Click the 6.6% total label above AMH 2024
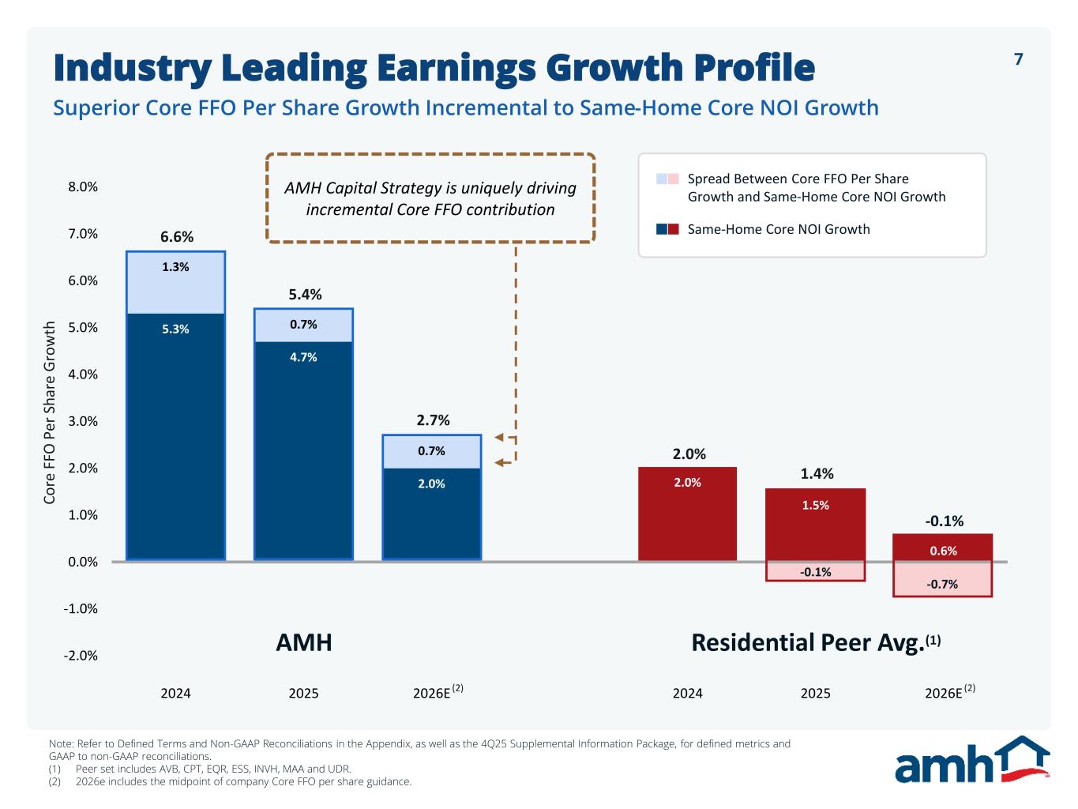[x=177, y=237]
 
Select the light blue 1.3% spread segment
[x=175, y=283]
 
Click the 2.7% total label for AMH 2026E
[x=433, y=420]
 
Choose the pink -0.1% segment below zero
[x=815, y=571]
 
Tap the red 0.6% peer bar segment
[x=942, y=547]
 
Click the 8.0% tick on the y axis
[x=83, y=187]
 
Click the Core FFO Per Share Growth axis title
[x=50, y=412]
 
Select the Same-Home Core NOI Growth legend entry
[x=778, y=229]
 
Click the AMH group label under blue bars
[x=304, y=642]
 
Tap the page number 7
[x=1018, y=59]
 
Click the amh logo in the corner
[x=971, y=761]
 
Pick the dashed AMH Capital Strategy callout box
[x=430, y=198]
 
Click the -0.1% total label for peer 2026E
[x=944, y=521]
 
